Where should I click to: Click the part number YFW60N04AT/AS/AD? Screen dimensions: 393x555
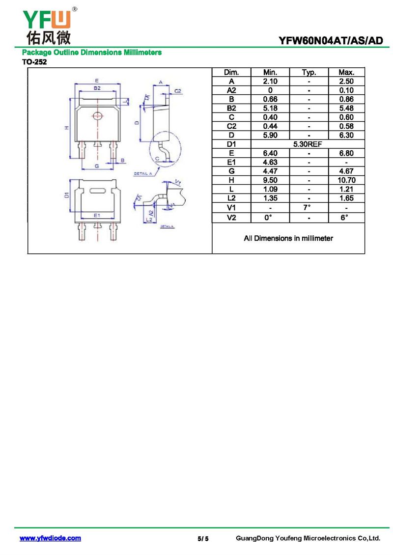point(331,41)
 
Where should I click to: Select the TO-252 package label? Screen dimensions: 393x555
point(34,62)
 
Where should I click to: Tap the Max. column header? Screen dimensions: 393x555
point(346,72)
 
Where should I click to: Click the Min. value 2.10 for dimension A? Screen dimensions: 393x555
point(270,82)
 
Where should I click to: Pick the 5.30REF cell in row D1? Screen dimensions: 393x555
point(308,144)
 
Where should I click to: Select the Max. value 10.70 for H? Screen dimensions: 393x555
point(346,180)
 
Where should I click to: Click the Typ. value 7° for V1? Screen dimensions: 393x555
point(307,207)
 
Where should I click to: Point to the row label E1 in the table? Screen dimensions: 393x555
point(231,162)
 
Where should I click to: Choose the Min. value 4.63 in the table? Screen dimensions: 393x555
point(270,162)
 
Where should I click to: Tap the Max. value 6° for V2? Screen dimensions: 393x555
point(344,217)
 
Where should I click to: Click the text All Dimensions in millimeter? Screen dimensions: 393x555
point(288,238)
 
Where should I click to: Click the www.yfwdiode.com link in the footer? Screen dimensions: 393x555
point(50,538)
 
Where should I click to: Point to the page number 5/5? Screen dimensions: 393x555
point(203,539)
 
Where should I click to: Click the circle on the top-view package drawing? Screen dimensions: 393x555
point(97,115)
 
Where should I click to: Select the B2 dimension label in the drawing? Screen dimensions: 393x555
point(97,88)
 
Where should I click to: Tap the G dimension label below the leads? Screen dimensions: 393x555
point(97,166)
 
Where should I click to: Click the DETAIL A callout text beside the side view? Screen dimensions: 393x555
point(142,173)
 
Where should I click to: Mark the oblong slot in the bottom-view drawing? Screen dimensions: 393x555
point(97,191)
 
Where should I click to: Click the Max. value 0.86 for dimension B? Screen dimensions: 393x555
point(346,99)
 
